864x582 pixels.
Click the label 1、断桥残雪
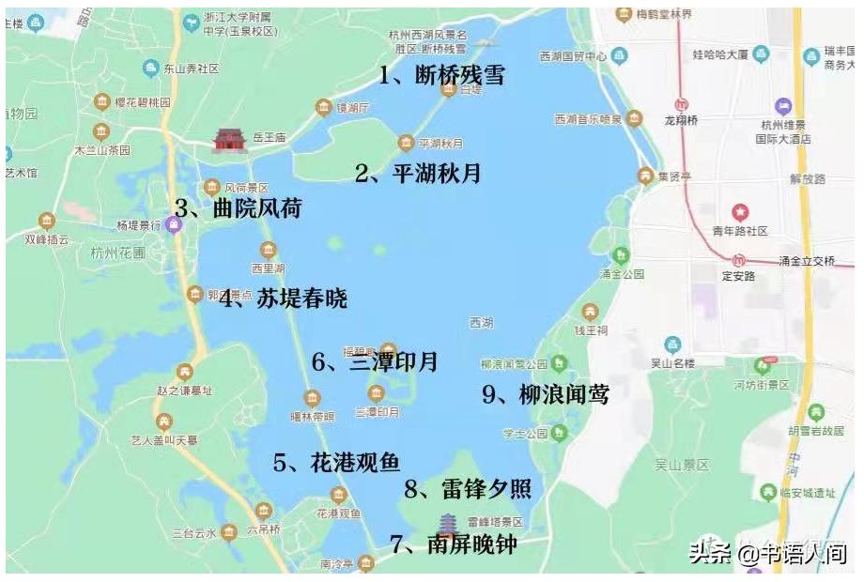click(441, 75)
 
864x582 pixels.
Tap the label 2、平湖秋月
click(417, 173)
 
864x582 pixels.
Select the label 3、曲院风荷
click(238, 208)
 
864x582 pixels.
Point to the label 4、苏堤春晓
click(283, 299)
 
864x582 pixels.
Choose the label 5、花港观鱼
click(336, 462)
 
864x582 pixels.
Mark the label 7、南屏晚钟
click(453, 544)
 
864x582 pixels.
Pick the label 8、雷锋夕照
click(468, 488)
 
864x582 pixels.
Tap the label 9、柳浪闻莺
click(546, 395)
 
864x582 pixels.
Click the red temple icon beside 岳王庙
click(227, 140)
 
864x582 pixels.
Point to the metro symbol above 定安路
click(739, 260)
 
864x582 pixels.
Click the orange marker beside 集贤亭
click(645, 175)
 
